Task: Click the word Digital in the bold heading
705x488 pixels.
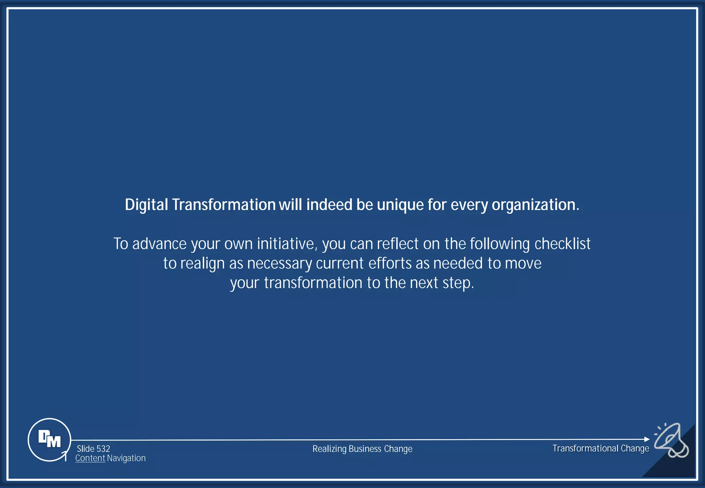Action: point(146,205)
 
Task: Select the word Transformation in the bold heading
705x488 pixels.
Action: point(224,205)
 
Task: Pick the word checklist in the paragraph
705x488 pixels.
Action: point(562,244)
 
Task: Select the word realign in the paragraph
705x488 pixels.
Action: point(202,264)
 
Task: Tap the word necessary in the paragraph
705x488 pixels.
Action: point(280,264)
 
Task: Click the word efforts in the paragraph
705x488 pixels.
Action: point(390,264)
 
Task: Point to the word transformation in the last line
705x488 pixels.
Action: point(313,283)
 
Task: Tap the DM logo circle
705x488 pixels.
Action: point(49,439)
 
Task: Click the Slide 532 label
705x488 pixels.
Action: point(93,449)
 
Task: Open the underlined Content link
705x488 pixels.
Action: point(90,458)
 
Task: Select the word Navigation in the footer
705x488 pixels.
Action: point(126,458)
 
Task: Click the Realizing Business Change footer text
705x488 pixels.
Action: point(362,449)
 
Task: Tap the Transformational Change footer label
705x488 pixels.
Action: point(601,448)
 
